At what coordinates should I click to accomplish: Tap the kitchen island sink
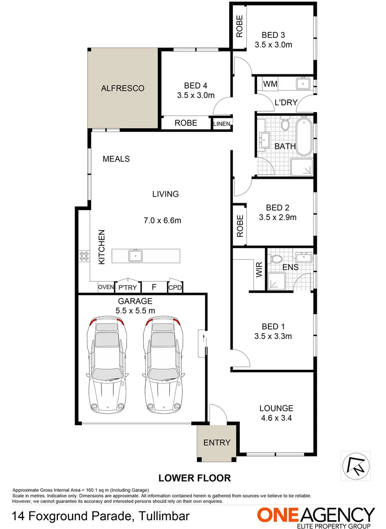pyautogui.click(x=134, y=255)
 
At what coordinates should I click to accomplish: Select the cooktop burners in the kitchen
pyautogui.click(x=83, y=255)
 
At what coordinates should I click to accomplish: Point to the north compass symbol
pyautogui.click(x=354, y=463)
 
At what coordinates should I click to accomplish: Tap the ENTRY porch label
pyautogui.click(x=216, y=442)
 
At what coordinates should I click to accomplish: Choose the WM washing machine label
pyautogui.click(x=270, y=84)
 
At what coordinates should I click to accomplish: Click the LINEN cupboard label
pyautogui.click(x=222, y=123)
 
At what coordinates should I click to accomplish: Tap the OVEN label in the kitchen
pyautogui.click(x=105, y=288)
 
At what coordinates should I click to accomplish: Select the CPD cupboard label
pyautogui.click(x=175, y=288)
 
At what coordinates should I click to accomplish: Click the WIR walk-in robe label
pyautogui.click(x=259, y=270)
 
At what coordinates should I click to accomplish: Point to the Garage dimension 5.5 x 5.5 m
pyautogui.click(x=135, y=311)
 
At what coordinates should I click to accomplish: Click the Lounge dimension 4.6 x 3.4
pyautogui.click(x=276, y=418)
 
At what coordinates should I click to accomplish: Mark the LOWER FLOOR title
pyautogui.click(x=194, y=478)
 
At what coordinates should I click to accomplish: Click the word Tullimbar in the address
pyautogui.click(x=160, y=516)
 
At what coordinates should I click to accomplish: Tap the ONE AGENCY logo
pyautogui.click(x=316, y=517)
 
